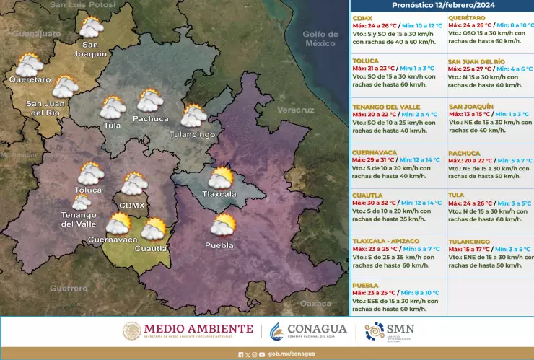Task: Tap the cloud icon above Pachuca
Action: click(150, 100)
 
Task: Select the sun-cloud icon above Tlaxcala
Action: click(221, 177)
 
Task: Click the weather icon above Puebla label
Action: click(223, 225)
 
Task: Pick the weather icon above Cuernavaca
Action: click(118, 224)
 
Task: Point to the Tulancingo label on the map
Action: click(193, 135)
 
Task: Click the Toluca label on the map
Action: click(88, 190)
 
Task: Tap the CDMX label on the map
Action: click(132, 206)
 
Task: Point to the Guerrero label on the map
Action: click(69, 289)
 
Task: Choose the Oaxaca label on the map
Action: click(315, 304)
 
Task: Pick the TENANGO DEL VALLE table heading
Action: click(386, 107)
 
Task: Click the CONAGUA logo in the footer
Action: click(308, 331)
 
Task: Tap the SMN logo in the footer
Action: click(390, 331)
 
